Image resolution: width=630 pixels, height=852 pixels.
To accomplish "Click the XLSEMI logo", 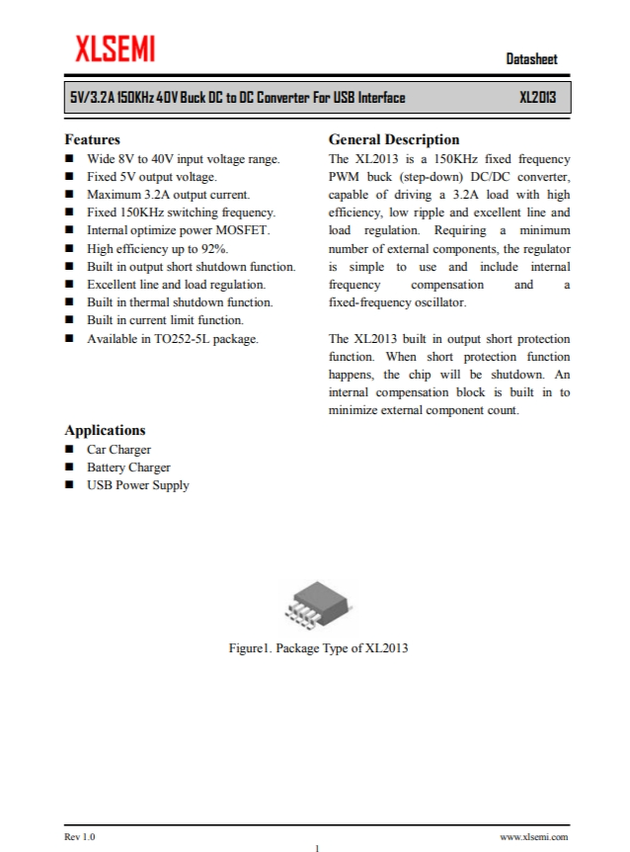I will coord(115,47).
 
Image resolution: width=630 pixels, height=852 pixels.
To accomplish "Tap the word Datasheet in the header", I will coord(531,59).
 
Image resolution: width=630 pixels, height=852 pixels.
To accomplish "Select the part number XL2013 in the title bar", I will coord(537,98).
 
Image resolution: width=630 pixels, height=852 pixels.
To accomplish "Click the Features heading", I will coord(92,139).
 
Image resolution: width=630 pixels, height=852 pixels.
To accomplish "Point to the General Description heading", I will coord(393,139).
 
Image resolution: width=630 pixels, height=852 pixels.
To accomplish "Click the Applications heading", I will coord(105,430).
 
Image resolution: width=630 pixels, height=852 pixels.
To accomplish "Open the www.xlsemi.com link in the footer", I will coord(534,836).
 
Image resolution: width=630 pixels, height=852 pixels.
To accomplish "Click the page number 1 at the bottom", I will coord(316,847).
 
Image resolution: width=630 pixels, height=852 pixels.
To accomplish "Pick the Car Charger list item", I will coord(118,450).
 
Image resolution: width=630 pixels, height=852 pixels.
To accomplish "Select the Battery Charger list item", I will coord(128,468).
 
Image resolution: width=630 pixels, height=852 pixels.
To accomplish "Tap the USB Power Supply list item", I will coord(137,485).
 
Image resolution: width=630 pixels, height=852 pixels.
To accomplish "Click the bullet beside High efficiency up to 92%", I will coord(70,249).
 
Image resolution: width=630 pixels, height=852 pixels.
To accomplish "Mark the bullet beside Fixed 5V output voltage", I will coord(70,177).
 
